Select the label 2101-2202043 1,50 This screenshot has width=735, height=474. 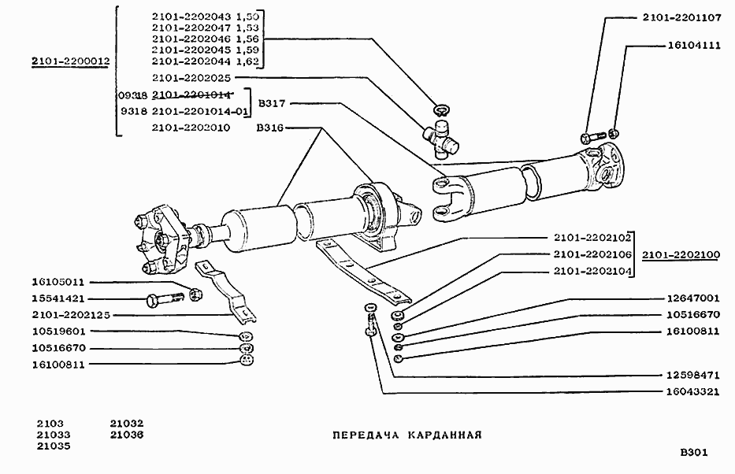coord(206,17)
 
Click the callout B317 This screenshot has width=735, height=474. coord(272,102)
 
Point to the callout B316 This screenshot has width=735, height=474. coord(270,127)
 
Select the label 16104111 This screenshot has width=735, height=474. coord(692,46)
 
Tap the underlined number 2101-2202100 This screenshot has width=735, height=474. coord(681,254)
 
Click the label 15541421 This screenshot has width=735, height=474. coord(58,298)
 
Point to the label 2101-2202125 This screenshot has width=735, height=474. coord(71,315)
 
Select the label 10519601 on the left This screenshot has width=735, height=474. coord(58,331)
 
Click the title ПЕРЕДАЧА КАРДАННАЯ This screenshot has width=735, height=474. coord(406,435)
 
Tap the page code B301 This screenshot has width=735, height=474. coord(694,453)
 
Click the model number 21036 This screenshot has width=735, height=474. coord(127,434)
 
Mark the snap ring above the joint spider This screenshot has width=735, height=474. coord(442,108)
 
